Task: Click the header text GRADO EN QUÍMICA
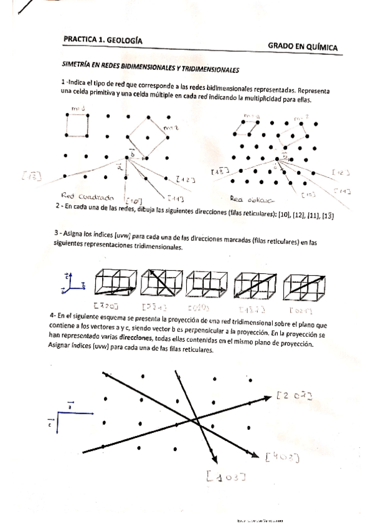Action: pyautogui.click(x=303, y=46)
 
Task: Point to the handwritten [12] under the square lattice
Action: pyautogui.click(x=185, y=181)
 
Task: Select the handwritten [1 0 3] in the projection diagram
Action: pyautogui.click(x=224, y=478)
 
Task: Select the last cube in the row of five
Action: pyautogui.click(x=304, y=283)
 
